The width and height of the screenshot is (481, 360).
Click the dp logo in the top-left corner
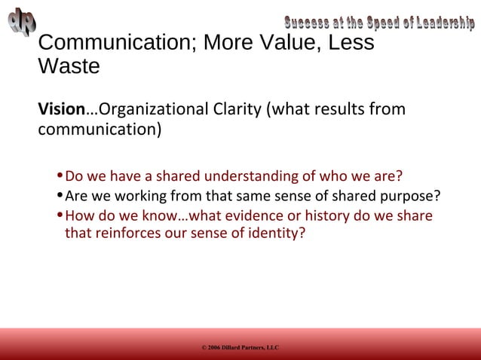tap(22, 20)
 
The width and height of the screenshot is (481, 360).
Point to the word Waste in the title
tap(69, 66)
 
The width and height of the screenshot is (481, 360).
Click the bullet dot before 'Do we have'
tap(61, 178)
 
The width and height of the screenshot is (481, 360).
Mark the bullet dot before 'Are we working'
tap(61, 197)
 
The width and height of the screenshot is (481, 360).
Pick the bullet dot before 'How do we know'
tap(61, 217)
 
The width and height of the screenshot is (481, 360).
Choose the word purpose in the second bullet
tap(410, 197)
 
